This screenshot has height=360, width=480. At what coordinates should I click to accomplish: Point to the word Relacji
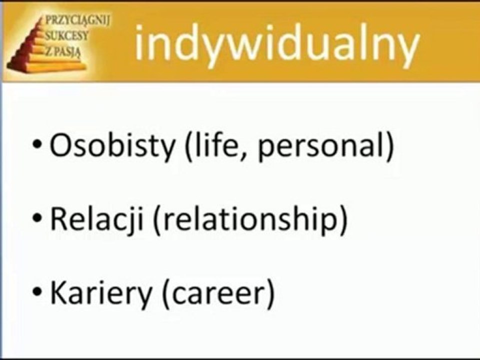(x=96, y=219)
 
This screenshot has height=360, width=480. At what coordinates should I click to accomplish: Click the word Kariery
(x=101, y=293)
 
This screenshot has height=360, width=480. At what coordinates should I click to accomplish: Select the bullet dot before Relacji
(x=37, y=217)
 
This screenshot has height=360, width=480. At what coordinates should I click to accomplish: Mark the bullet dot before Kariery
(x=37, y=291)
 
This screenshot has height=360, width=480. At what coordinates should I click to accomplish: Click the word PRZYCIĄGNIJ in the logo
(x=77, y=21)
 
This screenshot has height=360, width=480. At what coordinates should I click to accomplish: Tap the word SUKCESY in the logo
(x=66, y=35)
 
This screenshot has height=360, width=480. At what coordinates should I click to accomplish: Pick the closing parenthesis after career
(x=270, y=293)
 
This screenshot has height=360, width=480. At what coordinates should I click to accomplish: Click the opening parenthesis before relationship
(x=157, y=220)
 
